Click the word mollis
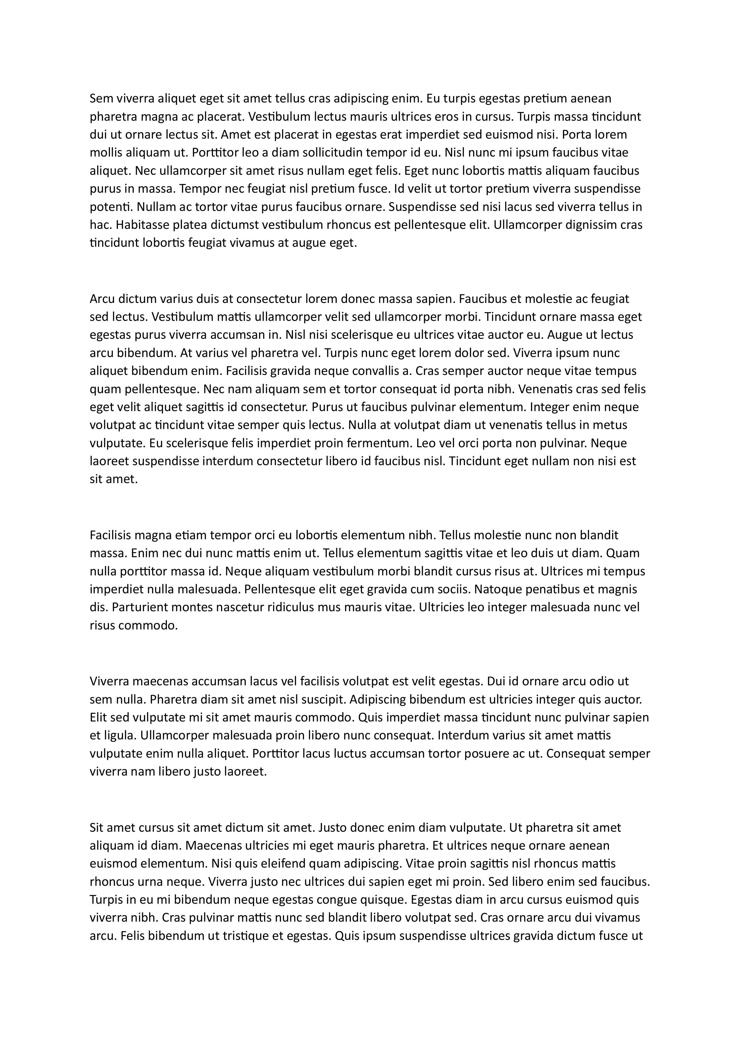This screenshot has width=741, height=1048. [105, 152]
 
